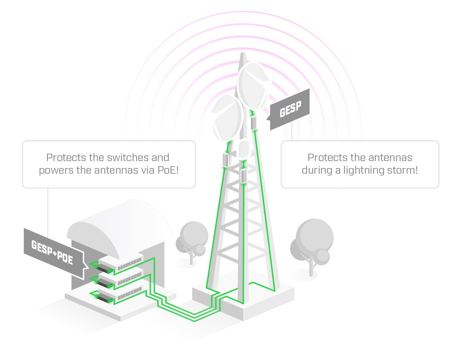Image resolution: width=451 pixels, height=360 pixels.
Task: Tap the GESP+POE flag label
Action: (x=52, y=253)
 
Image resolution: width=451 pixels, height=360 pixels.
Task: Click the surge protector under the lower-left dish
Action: (x=226, y=160)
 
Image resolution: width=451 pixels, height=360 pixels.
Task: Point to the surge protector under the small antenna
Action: (x=244, y=175)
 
